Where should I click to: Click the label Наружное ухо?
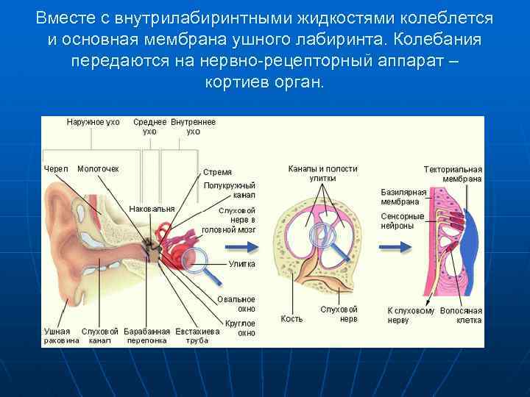[x=93, y=122]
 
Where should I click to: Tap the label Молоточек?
[x=98, y=168]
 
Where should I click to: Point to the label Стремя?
[x=217, y=172]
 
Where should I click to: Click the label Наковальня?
[x=152, y=209]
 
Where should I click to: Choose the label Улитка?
[x=241, y=263]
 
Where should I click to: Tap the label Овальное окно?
[x=236, y=304]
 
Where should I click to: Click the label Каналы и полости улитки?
[x=322, y=174]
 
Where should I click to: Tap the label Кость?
[x=291, y=319]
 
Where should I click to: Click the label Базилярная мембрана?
[x=403, y=197]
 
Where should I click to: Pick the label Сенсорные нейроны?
[x=403, y=221]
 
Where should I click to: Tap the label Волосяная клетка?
[x=461, y=315]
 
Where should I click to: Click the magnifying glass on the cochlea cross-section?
[x=324, y=236]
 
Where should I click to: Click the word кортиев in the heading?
[x=237, y=81]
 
